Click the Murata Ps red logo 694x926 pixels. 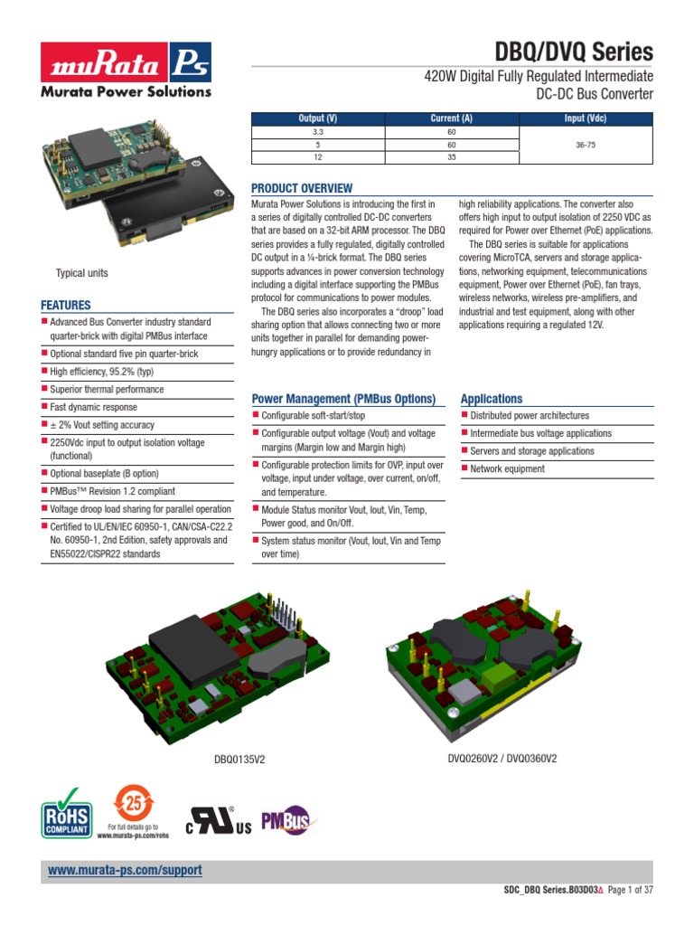[x=125, y=62]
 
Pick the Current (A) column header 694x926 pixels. [x=452, y=118]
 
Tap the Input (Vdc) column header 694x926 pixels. [x=586, y=118]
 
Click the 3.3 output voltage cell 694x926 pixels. [x=317, y=131]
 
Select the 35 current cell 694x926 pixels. [x=452, y=157]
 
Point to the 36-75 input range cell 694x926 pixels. [x=586, y=145]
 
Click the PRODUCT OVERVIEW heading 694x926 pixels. [x=302, y=188]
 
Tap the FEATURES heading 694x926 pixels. [x=66, y=306]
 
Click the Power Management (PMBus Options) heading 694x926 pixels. [x=343, y=399]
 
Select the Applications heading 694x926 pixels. [x=492, y=399]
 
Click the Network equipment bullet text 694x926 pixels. [x=507, y=469]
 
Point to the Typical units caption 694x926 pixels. [x=82, y=273]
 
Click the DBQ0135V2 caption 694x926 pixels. [x=239, y=760]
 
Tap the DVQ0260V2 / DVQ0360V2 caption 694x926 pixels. [x=502, y=759]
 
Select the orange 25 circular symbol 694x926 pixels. [x=133, y=802]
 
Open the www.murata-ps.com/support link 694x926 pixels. [x=125, y=870]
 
